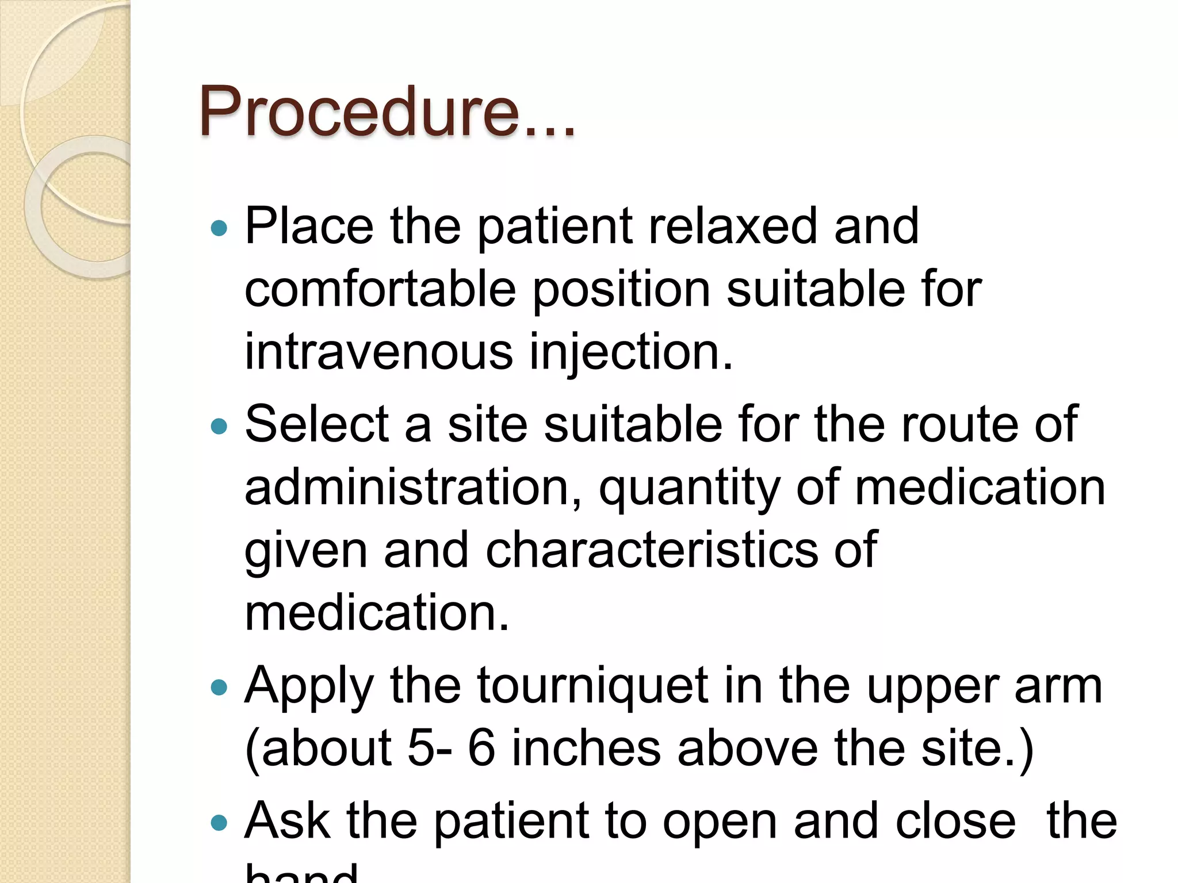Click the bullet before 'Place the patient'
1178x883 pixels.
click(x=219, y=229)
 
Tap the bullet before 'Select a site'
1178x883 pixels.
click(x=219, y=426)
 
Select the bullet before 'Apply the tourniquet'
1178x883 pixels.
click(x=219, y=687)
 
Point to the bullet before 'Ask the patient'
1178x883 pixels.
click(x=219, y=823)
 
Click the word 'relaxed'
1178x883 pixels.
click(x=733, y=226)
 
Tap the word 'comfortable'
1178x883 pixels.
click(x=380, y=289)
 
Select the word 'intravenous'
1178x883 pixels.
click(x=378, y=352)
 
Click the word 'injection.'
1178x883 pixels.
click(x=631, y=352)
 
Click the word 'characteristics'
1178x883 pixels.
click(x=652, y=550)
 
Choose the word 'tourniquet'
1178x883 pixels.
click(x=592, y=685)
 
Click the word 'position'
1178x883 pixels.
click(x=621, y=289)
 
